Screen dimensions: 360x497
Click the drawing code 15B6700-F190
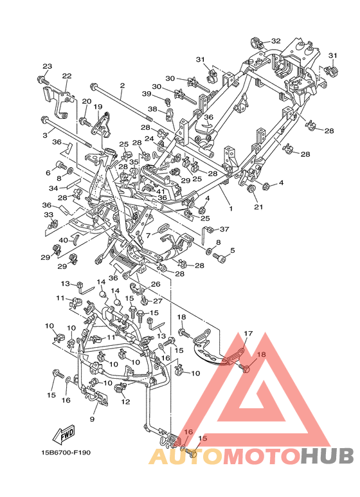point(66,452)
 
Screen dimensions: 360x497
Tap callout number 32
point(276,41)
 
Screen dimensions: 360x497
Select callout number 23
point(47,66)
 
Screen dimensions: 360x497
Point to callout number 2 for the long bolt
point(122,86)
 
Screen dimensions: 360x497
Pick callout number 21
point(258,206)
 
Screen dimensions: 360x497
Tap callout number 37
point(224,229)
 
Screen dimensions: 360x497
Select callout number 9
point(92,419)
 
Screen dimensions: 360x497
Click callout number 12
point(125,402)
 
